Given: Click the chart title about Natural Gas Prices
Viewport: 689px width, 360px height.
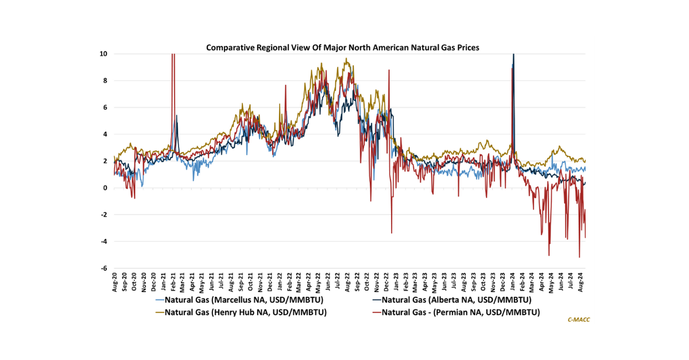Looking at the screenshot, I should pyautogui.click(x=343, y=48).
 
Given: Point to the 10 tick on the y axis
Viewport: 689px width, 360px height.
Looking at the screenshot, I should pyautogui.click(x=103, y=54).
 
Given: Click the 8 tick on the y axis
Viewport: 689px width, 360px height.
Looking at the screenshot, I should pyautogui.click(x=105, y=81).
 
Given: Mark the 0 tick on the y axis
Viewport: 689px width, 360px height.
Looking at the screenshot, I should pyautogui.click(x=105, y=188).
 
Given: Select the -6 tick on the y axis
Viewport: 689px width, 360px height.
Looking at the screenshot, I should pyautogui.click(x=103, y=268).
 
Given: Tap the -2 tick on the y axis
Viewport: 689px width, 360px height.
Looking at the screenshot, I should pyautogui.click(x=103, y=215).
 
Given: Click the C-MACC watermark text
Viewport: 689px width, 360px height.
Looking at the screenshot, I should pyautogui.click(x=578, y=320).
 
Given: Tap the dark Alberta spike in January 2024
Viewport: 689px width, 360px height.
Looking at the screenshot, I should pyautogui.click(x=513, y=57).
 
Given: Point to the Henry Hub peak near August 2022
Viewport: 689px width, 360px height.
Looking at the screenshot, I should pyautogui.click(x=346, y=59).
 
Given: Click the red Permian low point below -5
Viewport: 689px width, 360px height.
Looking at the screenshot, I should pyautogui.click(x=579, y=257).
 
